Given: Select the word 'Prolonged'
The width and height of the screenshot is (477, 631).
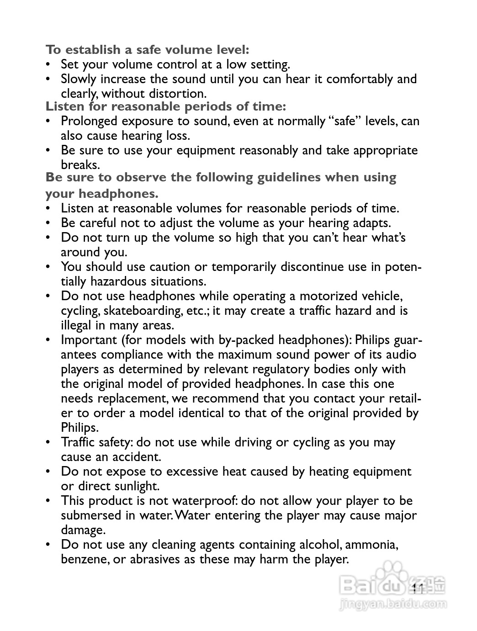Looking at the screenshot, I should point(90,122).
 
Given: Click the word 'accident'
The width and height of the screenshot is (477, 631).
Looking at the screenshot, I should point(138,457).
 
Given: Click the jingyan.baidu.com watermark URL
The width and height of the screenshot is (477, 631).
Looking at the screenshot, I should point(393,604).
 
